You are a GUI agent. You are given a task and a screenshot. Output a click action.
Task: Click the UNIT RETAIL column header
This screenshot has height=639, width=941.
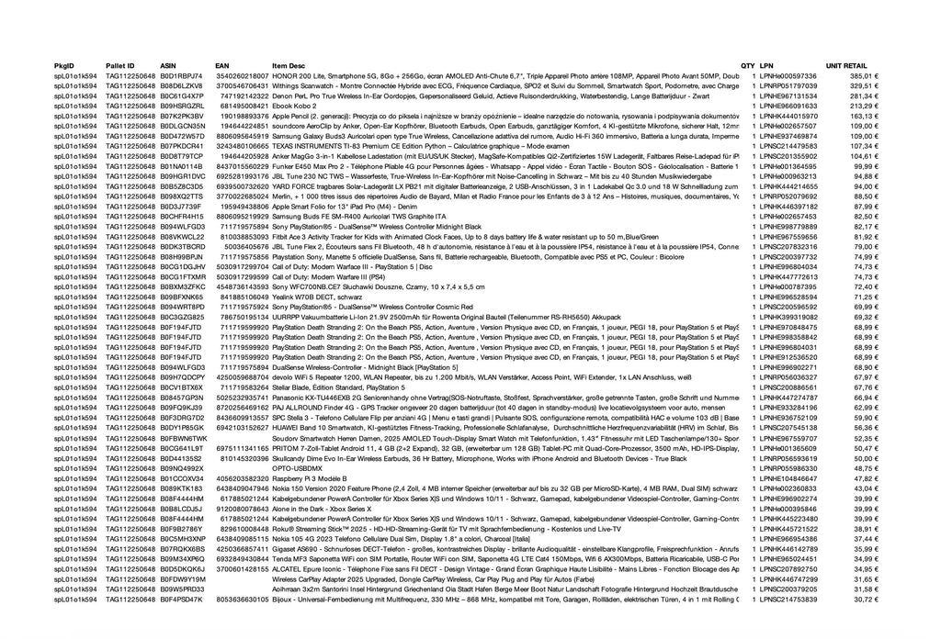click(x=845, y=66)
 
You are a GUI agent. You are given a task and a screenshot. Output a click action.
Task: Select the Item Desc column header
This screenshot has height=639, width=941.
click(x=288, y=66)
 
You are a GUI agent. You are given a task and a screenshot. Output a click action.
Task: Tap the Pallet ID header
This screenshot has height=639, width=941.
click(x=119, y=66)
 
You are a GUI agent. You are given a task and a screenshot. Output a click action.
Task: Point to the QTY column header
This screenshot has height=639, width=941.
click(x=747, y=66)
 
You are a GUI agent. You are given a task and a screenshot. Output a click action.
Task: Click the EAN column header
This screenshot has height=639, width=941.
click(x=221, y=66)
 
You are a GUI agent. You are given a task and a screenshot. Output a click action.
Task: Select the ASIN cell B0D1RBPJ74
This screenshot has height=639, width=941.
click(x=181, y=75)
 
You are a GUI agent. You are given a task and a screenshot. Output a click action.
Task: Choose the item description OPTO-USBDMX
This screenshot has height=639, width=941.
click(x=295, y=468)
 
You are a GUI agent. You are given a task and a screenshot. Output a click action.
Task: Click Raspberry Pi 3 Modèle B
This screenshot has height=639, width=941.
click(x=309, y=478)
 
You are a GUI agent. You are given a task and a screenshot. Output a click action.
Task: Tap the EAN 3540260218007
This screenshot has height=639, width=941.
click(x=242, y=75)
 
